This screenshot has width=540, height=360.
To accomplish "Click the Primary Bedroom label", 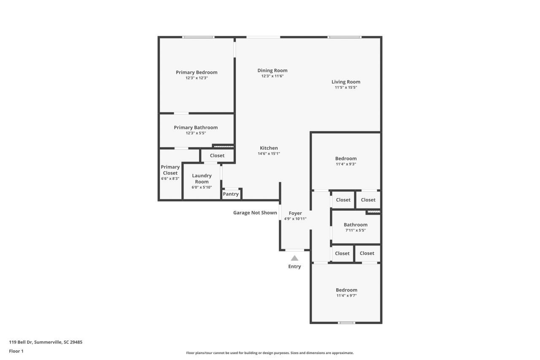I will [197, 72].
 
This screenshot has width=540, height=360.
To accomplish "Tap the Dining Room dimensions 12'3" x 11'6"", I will [272, 76].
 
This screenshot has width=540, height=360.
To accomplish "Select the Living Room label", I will [346, 82].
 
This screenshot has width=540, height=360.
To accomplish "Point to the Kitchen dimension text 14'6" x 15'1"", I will [269, 154].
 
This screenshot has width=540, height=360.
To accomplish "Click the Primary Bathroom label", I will [196, 127].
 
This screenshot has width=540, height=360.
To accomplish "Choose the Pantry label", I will [231, 194].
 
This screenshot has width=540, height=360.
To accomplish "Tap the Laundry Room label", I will [202, 179].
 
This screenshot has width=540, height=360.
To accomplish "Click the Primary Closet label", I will [170, 170].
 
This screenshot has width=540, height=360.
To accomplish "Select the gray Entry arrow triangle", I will [294, 258].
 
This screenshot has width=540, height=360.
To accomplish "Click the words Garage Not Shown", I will [255, 213].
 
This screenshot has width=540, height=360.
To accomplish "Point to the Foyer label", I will [295, 213].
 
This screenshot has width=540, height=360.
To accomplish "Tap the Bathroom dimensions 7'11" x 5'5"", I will [355, 230].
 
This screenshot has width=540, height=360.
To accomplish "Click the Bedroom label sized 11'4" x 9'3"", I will [346, 158].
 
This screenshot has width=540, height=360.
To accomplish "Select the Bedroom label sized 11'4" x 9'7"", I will [346, 290].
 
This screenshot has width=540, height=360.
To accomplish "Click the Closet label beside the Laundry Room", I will [217, 155].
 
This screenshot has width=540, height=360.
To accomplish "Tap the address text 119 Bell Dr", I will [46, 342].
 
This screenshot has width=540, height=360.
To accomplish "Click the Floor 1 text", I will [16, 351].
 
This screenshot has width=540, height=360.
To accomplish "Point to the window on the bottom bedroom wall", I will [346, 323].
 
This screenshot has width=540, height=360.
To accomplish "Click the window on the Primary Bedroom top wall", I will [198, 37].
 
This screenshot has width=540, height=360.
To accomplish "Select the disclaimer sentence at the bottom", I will [270, 353].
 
